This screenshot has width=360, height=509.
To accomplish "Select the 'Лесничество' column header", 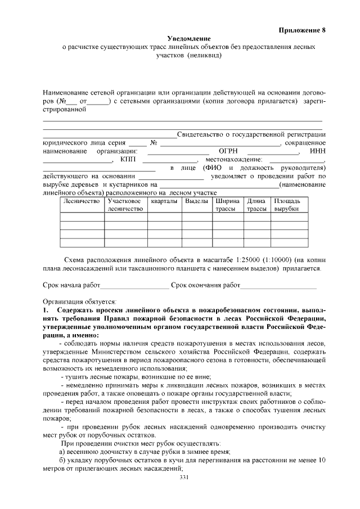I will tap(82, 201).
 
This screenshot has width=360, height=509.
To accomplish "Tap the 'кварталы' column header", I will tap(164, 201).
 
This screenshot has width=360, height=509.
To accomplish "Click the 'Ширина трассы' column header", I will tap(227, 205).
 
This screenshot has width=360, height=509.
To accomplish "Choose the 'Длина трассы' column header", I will tap(256, 205).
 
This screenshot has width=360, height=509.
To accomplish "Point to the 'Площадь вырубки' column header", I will tap(287, 205).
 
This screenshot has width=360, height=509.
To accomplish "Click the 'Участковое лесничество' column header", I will tap(124, 205).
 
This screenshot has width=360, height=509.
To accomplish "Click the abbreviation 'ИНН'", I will tap(317, 151).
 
